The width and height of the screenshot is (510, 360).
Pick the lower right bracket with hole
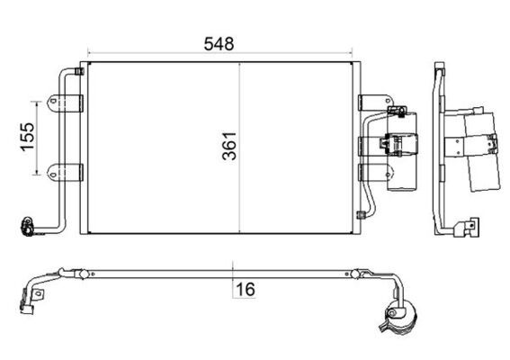coord(370,171)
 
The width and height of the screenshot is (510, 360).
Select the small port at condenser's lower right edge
coord(362,215)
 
